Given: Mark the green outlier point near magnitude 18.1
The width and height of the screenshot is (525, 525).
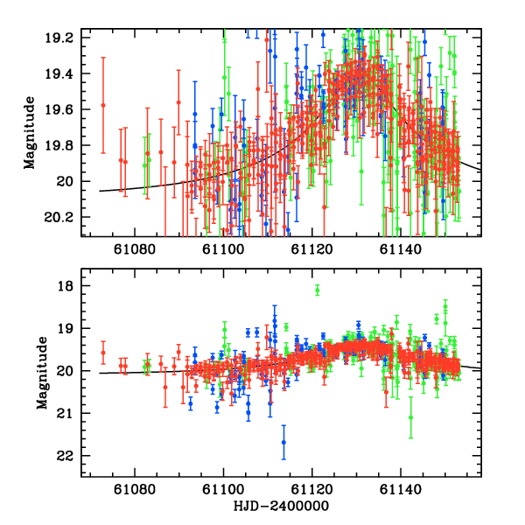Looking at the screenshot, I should tap(318, 290).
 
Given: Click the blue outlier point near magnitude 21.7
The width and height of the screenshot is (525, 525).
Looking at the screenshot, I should tap(283, 443).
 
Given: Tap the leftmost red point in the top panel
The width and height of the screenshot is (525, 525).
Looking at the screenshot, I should tap(103, 105).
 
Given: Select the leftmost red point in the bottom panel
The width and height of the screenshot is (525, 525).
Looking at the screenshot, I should tap(103, 353).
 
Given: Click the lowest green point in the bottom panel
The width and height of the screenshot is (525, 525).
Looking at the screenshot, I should tap(410, 417).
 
